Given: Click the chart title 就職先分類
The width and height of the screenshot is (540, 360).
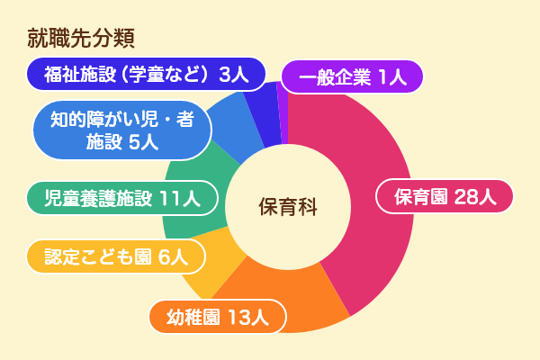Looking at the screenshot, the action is pos(81,38).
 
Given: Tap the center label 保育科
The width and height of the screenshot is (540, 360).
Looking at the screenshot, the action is pos(288,207).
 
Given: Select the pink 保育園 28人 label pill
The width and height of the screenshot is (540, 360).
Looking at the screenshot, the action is pos(445,197).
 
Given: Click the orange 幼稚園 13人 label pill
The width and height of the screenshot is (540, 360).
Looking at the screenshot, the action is pos(218,317).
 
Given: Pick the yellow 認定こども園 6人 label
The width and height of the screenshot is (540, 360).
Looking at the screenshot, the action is pos(116,256).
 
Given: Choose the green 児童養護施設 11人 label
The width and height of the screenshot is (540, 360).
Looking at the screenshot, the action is pos(122,198).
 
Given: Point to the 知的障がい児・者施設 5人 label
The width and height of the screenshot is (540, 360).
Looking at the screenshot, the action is pos(122,130).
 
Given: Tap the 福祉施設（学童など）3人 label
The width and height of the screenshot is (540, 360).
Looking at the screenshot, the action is pos(146,74).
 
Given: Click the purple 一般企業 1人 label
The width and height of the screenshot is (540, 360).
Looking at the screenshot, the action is pos(352,76).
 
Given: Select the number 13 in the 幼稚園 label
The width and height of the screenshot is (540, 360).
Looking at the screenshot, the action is pos(239,318).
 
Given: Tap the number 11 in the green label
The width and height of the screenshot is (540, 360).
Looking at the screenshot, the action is pos(169,199).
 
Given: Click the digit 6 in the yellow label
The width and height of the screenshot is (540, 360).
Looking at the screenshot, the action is pos(165,257).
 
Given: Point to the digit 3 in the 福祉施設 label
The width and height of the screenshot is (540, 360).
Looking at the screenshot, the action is pos(225,75).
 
